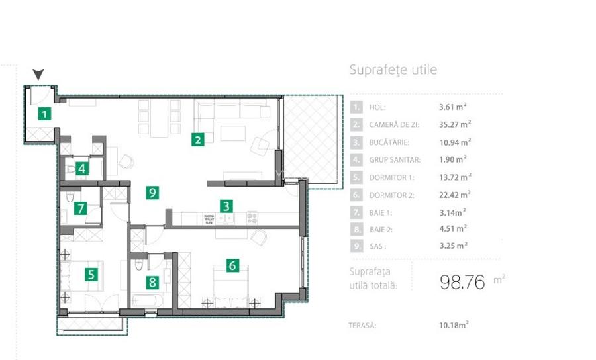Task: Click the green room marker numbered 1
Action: click(x=44, y=114)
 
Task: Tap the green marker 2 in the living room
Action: click(x=197, y=139)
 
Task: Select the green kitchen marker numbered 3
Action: click(x=226, y=206)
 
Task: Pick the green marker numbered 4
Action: click(x=81, y=168)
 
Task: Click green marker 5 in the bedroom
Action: click(x=91, y=273)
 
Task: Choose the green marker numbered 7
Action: click(x=81, y=208)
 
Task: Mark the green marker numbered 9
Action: click(x=153, y=193)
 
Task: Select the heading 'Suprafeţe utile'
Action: click(x=393, y=70)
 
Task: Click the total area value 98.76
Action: click(x=463, y=281)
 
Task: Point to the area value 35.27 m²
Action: click(x=455, y=124)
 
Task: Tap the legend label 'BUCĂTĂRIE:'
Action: click(x=389, y=142)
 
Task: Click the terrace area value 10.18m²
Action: click(x=454, y=325)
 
